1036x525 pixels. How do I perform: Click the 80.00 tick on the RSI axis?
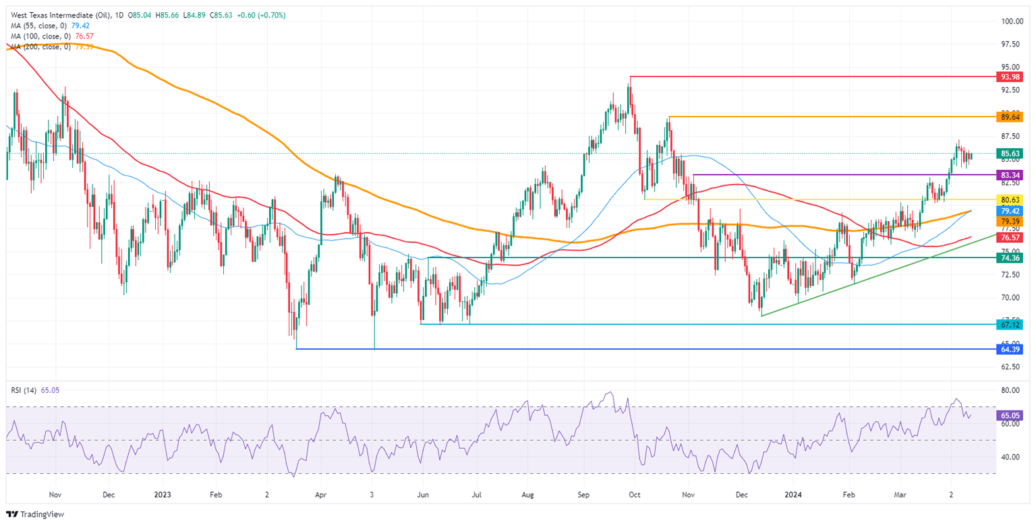1010,391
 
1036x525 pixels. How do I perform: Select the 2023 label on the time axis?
162,493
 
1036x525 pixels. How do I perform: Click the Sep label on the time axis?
584,493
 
